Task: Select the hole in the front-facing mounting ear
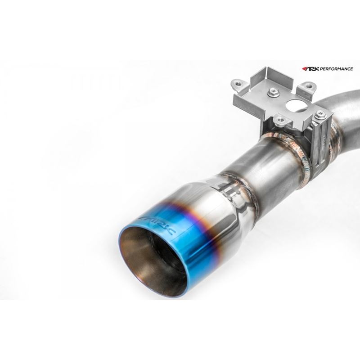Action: tap(282, 119)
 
